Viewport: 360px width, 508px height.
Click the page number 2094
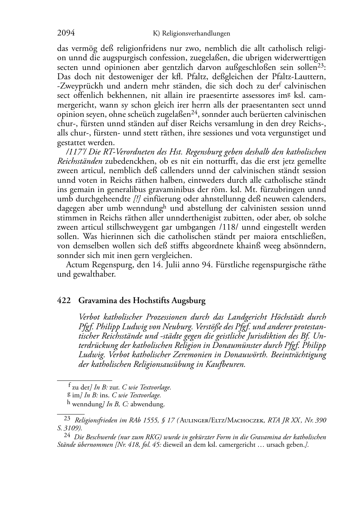[66, 33]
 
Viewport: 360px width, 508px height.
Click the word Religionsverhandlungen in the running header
[196, 34]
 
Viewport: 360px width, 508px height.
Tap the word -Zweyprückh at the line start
[75, 86]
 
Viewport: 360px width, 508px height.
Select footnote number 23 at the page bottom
[67, 418]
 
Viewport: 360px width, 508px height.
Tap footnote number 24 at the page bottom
[67, 435]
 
